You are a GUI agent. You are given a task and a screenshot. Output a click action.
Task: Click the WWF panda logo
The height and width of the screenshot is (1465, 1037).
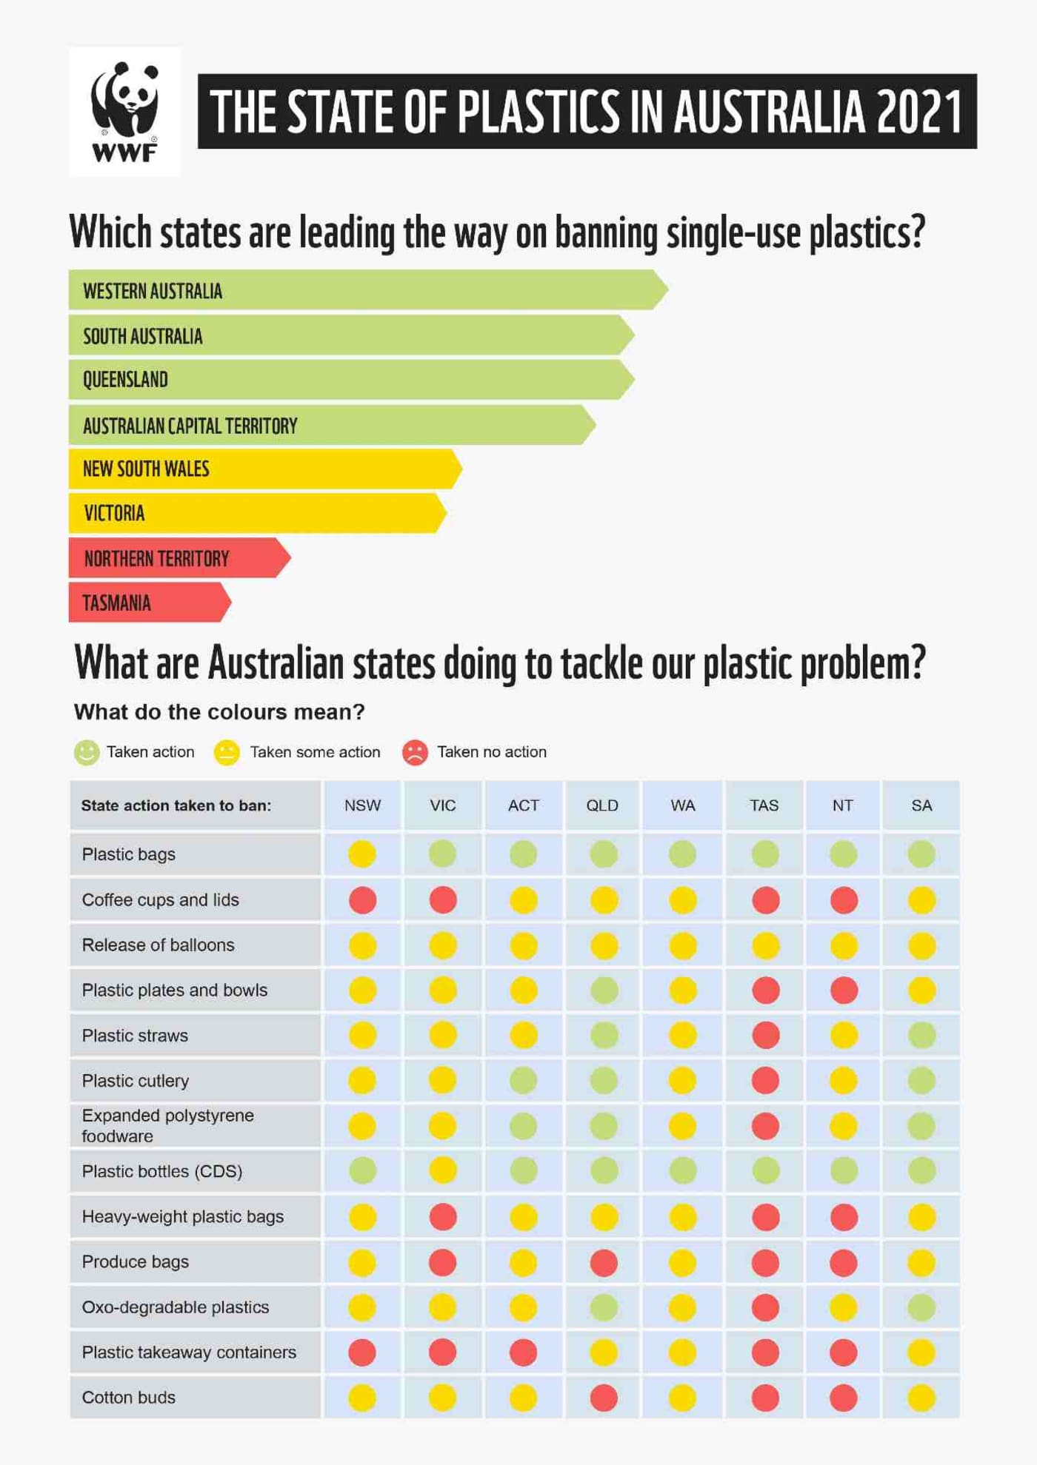[124, 111]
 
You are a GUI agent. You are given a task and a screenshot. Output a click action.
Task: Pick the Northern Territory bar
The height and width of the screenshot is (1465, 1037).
[178, 558]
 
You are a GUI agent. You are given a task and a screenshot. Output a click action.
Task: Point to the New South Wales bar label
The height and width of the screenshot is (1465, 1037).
[146, 469]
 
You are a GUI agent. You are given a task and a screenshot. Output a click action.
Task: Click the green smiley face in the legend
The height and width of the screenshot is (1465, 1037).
[87, 752]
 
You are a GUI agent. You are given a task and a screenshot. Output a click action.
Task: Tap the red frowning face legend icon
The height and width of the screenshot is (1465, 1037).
[415, 752]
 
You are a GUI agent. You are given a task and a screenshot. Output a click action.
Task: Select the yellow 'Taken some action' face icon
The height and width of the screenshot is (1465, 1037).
[227, 752]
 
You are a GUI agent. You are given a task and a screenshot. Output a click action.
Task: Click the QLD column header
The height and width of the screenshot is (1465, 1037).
[602, 805]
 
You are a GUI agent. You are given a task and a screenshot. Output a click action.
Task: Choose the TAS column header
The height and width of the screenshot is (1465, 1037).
[764, 805]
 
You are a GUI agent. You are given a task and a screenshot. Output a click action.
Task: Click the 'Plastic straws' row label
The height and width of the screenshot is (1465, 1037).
[135, 1036]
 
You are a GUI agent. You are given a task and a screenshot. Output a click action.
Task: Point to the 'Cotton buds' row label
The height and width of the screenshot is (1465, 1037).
[129, 1398]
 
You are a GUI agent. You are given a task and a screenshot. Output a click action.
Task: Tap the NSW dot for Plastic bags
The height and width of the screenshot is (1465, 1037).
[362, 854]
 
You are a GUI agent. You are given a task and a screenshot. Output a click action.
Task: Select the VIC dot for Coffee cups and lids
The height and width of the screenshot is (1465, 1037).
[443, 900]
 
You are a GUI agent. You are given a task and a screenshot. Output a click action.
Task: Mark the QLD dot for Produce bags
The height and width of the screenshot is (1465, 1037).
[604, 1263]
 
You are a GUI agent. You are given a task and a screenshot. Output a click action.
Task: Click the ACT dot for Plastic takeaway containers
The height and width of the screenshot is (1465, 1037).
[523, 1352]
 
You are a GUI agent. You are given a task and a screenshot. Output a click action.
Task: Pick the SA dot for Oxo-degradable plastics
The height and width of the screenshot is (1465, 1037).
[921, 1308]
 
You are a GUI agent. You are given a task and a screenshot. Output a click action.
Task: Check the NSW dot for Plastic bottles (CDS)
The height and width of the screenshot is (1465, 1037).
[362, 1171]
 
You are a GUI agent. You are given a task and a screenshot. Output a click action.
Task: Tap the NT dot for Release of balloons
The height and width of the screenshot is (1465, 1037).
[844, 945]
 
